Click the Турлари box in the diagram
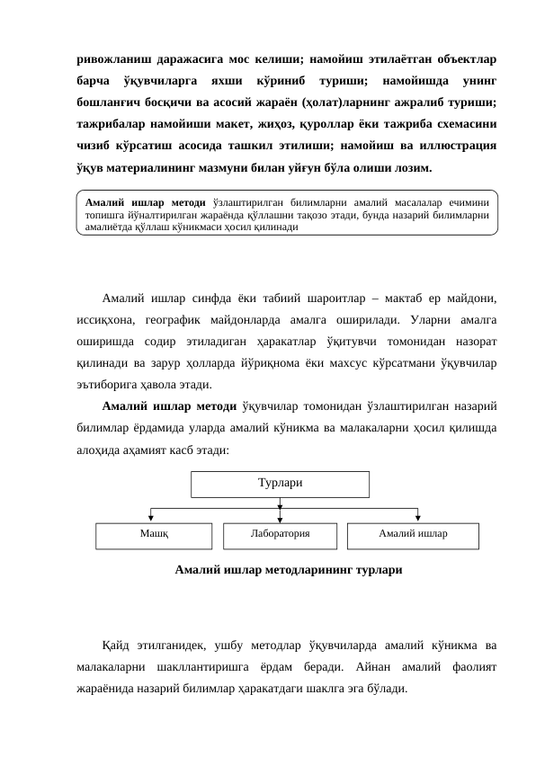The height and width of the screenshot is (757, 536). click(x=280, y=483)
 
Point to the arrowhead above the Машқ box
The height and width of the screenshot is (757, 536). click(x=152, y=516)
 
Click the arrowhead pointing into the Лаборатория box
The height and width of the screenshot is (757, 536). click(x=281, y=516)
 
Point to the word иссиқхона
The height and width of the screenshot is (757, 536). click(x=106, y=322)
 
